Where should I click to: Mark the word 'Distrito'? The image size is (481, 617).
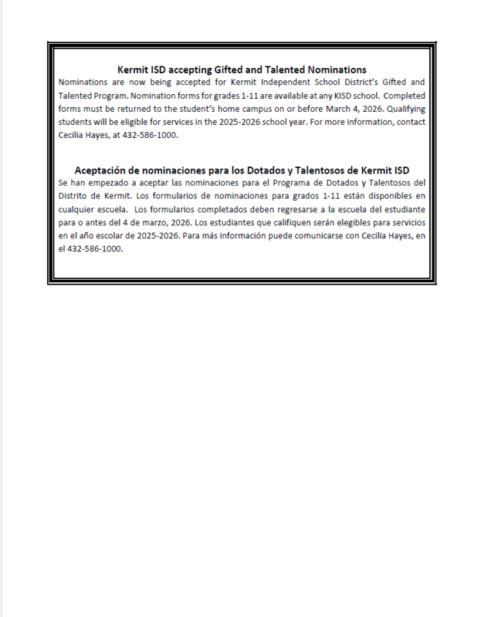click(x=76, y=196)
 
